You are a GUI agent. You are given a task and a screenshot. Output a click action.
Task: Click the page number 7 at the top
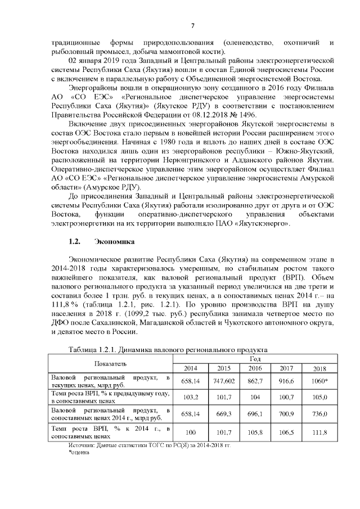click(192, 25)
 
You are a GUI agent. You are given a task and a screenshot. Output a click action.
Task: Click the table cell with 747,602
click(224, 381)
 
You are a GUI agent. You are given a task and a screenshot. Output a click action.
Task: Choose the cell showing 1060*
click(319, 381)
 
